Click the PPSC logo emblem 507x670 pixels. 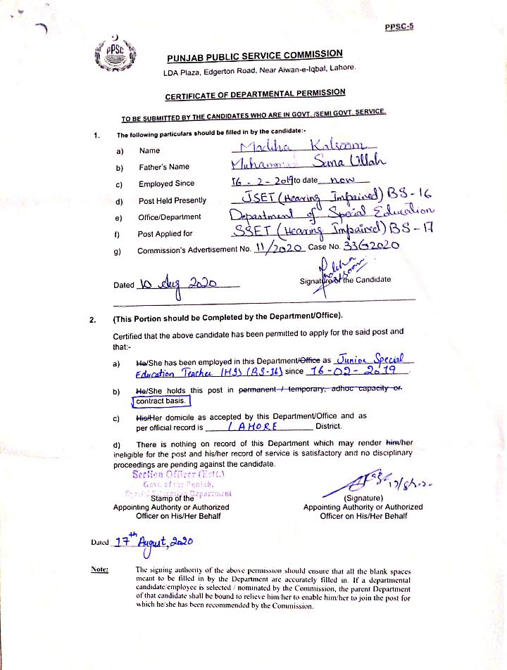pos(115,56)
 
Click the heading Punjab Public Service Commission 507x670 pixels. pos(254,56)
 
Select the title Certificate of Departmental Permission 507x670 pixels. pos(255,94)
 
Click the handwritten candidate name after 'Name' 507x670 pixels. pos(289,147)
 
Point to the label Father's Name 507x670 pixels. pos(164,167)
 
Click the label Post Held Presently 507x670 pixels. pos(173,200)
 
